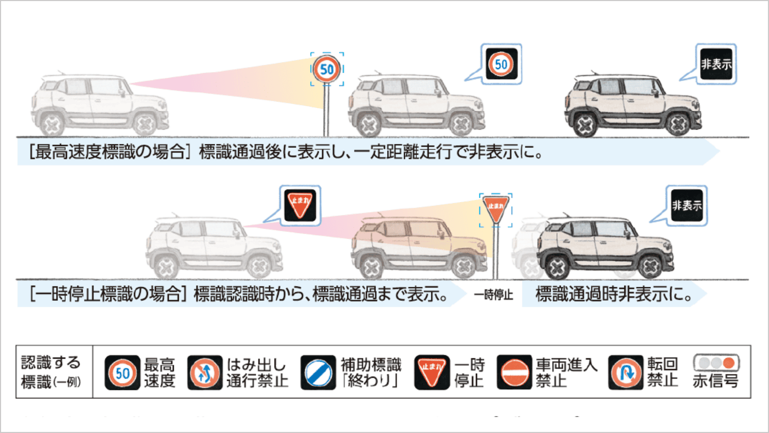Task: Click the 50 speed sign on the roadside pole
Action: click(327, 69)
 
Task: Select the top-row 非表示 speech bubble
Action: click(716, 64)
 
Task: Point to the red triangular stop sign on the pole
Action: click(496, 207)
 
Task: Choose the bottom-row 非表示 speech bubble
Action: click(686, 205)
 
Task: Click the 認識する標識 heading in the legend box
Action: click(51, 372)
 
